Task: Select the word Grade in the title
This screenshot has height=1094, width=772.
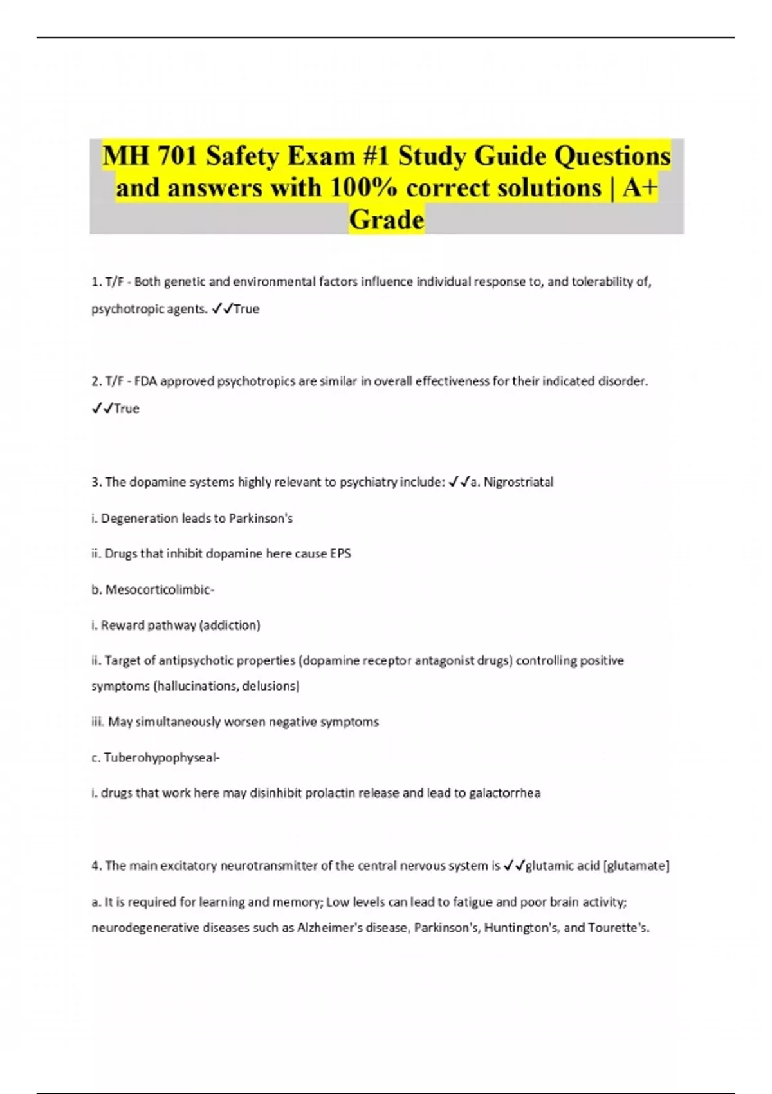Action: (x=387, y=219)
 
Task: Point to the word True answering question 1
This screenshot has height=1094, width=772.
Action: (x=246, y=309)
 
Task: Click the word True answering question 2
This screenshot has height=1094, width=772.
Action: (x=126, y=409)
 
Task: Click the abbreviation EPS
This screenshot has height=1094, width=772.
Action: (x=340, y=553)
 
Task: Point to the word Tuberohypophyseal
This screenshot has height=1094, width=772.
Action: (x=161, y=757)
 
